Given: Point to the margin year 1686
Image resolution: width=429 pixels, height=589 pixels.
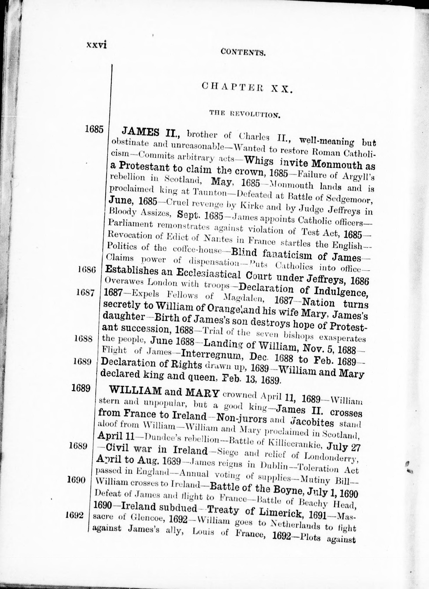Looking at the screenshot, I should pos(87,270).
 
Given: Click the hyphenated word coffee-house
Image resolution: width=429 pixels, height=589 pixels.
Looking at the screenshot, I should pos(198,250).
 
